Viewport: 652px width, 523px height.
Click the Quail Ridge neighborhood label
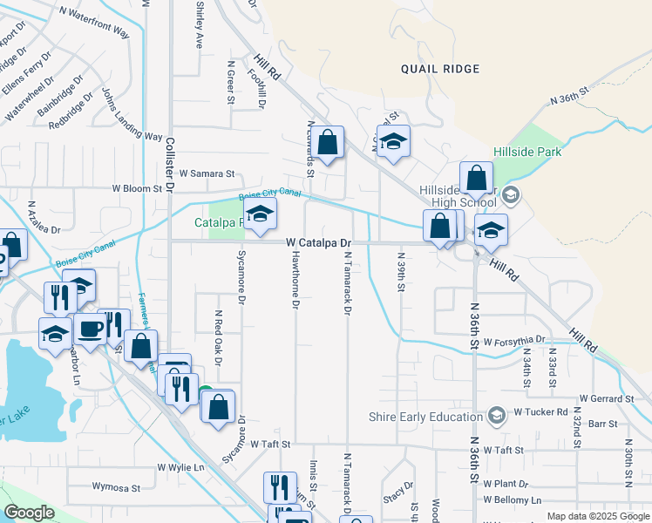tap(440, 69)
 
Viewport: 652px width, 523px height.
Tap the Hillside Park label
tap(527, 152)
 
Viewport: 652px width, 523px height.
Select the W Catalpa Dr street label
tap(319, 242)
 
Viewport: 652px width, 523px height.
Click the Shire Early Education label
tap(426, 416)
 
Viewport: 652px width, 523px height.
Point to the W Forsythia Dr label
tap(515, 341)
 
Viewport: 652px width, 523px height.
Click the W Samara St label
tap(209, 173)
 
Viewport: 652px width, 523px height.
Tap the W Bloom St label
tap(138, 187)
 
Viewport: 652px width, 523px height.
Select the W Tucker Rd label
tap(541, 411)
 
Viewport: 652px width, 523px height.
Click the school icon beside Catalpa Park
tap(260, 214)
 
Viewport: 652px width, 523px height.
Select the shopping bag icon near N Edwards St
tap(328, 143)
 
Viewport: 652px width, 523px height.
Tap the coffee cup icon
tap(90, 329)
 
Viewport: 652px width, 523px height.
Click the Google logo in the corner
tap(29, 513)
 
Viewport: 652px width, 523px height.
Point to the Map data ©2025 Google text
tap(597, 516)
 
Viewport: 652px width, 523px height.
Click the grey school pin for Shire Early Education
tap(497, 416)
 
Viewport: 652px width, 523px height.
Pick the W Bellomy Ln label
tap(512, 500)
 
